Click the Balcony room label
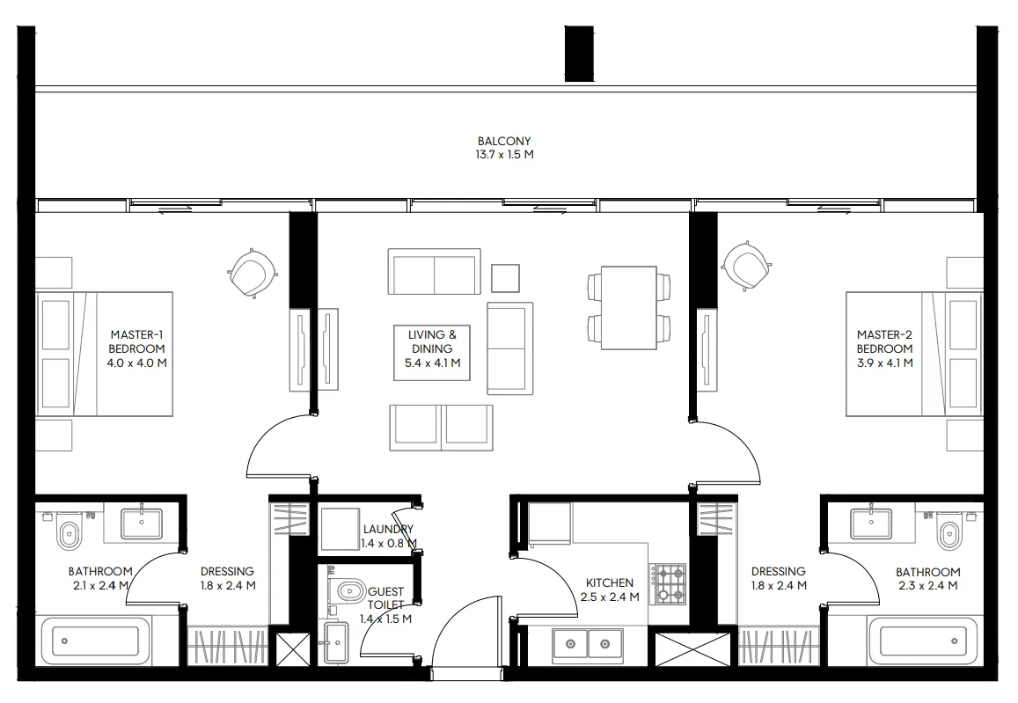[x=504, y=147]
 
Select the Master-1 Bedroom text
[x=136, y=348]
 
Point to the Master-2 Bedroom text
[x=884, y=348]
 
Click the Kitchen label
[x=610, y=589]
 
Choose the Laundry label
[x=387, y=536]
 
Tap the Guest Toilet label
[x=386, y=605]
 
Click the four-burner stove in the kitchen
[x=670, y=584]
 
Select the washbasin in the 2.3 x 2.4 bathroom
[x=870, y=524]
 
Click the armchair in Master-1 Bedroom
[x=253, y=273]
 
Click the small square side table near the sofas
[x=505, y=278]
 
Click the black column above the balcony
[x=579, y=53]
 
